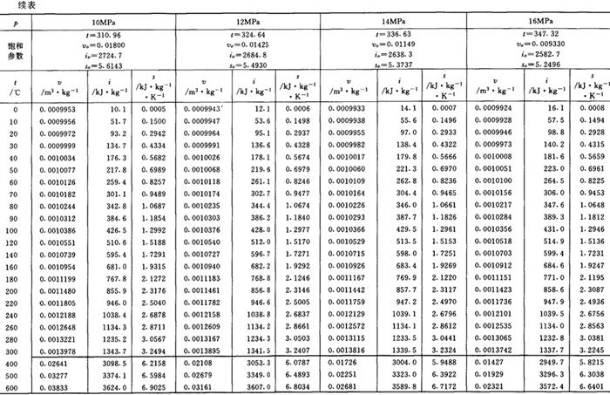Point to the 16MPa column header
[x=540, y=19]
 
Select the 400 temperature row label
[x=12, y=359]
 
